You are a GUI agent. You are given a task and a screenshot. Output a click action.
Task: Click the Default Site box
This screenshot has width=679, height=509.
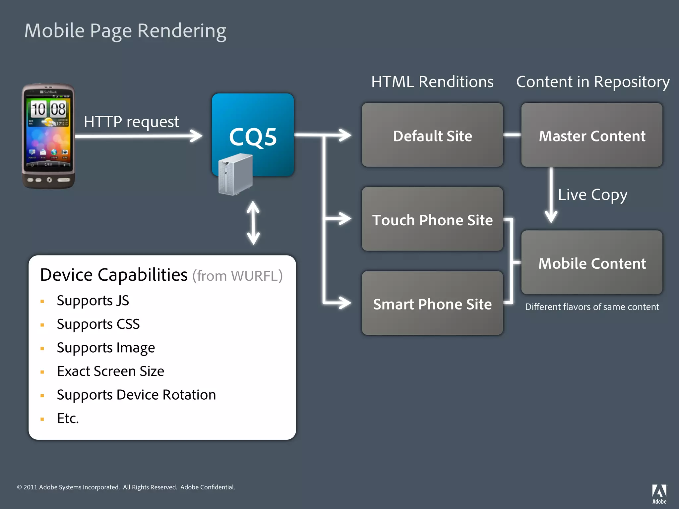click(x=432, y=135)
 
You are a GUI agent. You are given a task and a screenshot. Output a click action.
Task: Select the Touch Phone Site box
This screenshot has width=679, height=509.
click(x=432, y=219)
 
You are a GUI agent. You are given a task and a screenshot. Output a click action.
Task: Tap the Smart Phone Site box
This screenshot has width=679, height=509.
click(x=432, y=304)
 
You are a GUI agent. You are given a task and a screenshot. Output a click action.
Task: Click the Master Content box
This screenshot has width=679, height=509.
click(x=592, y=135)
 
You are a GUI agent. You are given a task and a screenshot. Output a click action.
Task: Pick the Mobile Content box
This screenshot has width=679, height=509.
click(x=592, y=263)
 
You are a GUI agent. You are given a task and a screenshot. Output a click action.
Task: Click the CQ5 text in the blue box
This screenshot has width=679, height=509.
click(x=253, y=137)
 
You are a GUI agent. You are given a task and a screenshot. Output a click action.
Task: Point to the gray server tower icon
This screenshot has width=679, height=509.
click(x=235, y=175)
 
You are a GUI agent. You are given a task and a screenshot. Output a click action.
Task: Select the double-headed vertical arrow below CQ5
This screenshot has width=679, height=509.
click(x=253, y=223)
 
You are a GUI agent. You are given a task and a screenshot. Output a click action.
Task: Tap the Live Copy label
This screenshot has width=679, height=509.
click(x=592, y=195)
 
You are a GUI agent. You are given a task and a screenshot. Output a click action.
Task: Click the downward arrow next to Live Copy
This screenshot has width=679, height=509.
click(x=551, y=196)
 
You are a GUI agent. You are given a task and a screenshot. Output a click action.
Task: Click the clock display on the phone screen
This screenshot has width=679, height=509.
click(x=48, y=109)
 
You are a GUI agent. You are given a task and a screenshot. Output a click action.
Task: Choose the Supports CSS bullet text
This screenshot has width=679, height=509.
click(x=98, y=324)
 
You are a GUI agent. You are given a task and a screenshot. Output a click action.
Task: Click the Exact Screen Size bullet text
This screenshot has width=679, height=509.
click(x=110, y=371)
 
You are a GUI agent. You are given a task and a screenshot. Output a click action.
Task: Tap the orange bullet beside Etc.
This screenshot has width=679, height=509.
click(x=42, y=419)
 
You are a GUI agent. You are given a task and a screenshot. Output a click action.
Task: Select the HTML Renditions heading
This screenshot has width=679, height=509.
click(x=432, y=82)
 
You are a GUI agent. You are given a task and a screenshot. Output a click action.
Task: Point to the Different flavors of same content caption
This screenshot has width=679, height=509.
click(x=592, y=307)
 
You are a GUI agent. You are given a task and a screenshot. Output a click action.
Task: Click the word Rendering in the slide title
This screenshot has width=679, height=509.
click(x=182, y=31)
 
